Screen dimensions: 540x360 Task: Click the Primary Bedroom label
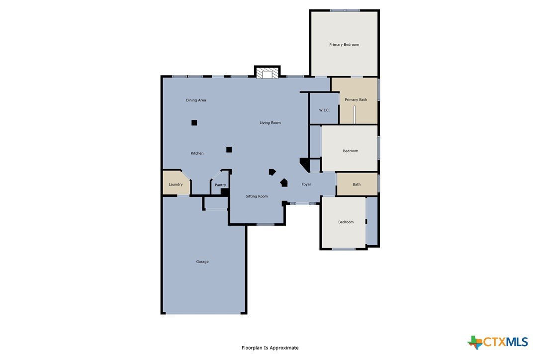[344, 44]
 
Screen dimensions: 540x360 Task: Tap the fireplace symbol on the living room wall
[267, 74]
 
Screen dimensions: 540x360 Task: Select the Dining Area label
[196, 100]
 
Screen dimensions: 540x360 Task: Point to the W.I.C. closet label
[324, 110]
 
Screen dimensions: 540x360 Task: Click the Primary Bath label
[356, 99]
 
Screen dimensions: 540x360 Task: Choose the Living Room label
[270, 123]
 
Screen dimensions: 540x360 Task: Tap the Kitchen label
[197, 153]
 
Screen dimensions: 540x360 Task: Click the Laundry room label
[176, 184]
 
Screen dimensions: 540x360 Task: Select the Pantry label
[220, 185]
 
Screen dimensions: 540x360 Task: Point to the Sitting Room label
[257, 196]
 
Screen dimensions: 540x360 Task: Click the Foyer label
[306, 184]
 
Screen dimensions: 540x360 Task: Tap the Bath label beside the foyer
[357, 184]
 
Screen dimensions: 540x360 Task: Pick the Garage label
[202, 262]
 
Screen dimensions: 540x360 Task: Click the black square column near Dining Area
[194, 123]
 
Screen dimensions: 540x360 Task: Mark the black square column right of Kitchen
[229, 150]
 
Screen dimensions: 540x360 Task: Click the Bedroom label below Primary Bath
[350, 151]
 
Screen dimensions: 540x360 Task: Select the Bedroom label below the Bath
[346, 222]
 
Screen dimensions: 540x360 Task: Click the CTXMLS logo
[498, 342]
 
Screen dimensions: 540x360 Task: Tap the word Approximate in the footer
[284, 348]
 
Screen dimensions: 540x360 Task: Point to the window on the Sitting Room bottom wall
[265, 225]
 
